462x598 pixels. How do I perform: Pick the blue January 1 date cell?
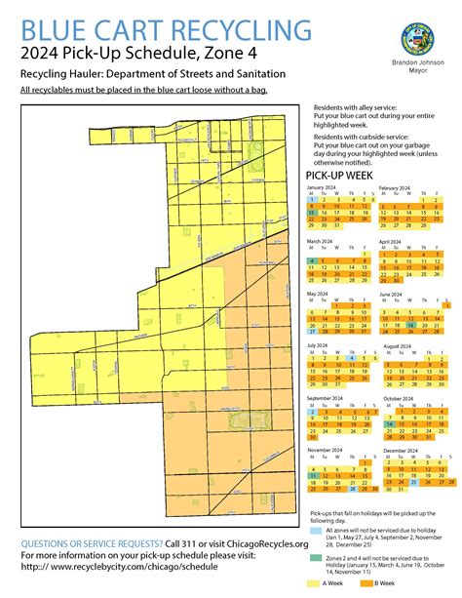click(x=311, y=199)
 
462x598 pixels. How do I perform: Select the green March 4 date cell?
click(x=311, y=261)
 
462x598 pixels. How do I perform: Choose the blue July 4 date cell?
click(x=350, y=359)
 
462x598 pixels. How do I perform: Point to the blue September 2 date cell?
click(x=311, y=413)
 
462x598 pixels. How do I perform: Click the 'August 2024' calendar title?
click(x=400, y=345)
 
